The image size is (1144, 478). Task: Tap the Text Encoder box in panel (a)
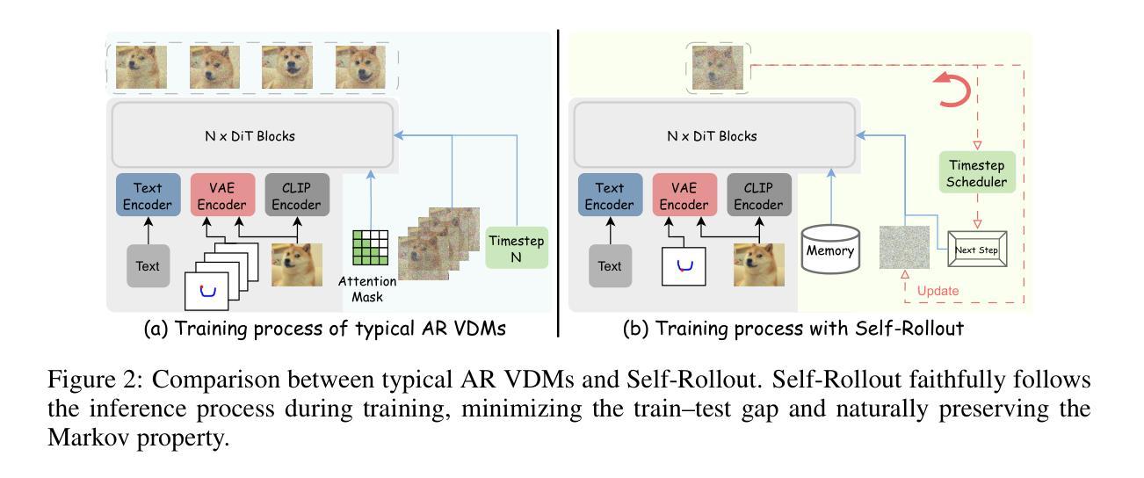(x=148, y=196)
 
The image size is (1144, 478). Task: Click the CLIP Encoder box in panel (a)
(x=297, y=196)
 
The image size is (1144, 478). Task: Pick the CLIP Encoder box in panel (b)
(x=759, y=196)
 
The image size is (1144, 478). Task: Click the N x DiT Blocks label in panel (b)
(x=713, y=136)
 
